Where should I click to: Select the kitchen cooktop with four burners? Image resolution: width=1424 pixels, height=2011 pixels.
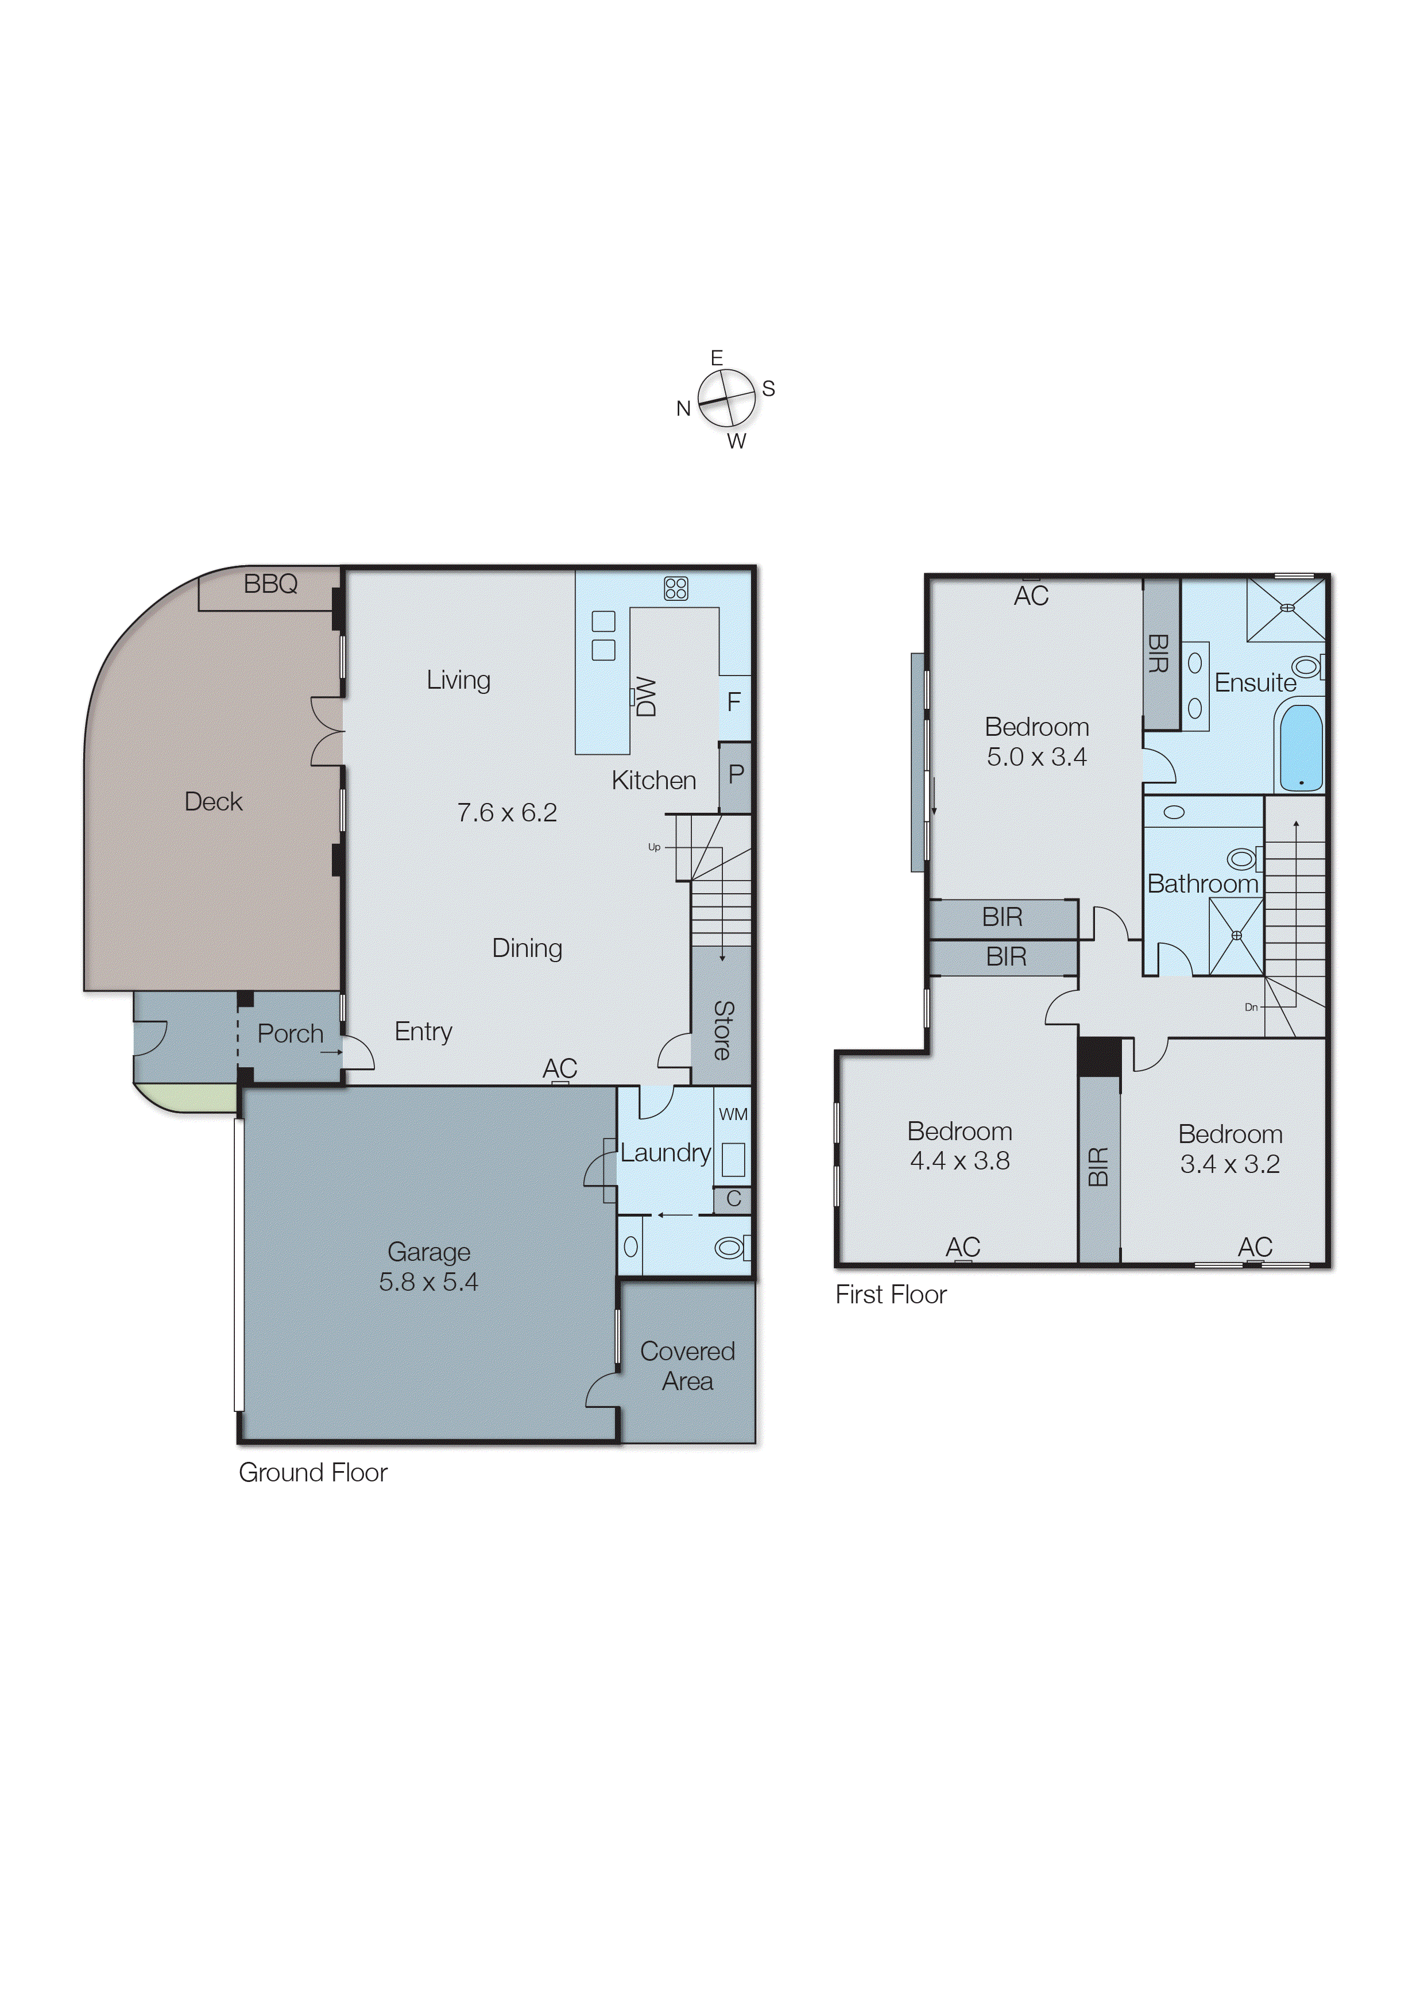tap(675, 588)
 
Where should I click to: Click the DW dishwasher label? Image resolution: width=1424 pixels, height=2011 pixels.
tap(646, 696)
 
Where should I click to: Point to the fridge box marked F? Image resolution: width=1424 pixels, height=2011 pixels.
tap(734, 703)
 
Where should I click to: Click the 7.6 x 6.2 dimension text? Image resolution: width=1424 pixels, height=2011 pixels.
tap(507, 813)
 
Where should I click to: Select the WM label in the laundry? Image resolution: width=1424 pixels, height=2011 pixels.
tap(733, 1115)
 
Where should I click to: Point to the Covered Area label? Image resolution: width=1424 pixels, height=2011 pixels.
tap(687, 1365)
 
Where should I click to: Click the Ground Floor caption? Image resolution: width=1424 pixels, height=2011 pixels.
tap(313, 1473)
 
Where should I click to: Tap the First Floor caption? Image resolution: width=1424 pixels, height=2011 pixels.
tap(891, 1295)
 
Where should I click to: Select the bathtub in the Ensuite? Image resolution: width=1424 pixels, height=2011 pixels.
tap(1301, 747)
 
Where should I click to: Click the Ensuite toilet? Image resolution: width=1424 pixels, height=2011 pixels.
tap(1306, 667)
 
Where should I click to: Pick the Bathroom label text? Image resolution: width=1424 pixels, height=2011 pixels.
tap(1202, 884)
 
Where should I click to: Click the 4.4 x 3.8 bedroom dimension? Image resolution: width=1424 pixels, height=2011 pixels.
tap(959, 1161)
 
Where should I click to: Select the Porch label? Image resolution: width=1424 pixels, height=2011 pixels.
tap(290, 1034)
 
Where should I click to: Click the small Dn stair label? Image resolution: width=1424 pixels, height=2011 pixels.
tap(1251, 1008)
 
